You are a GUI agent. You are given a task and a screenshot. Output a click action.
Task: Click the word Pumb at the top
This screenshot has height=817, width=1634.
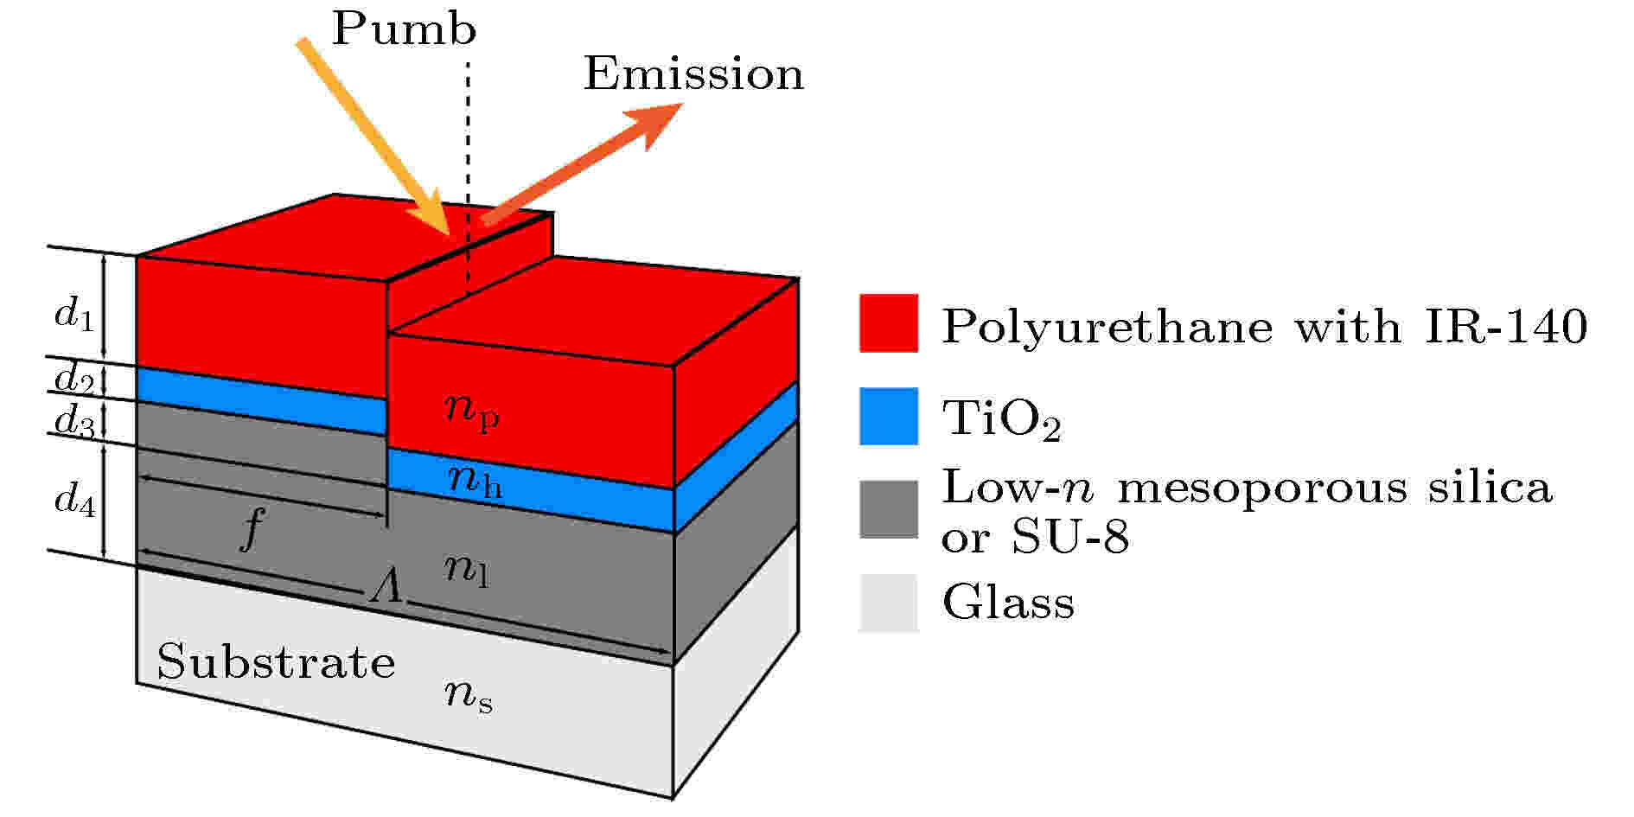(404, 29)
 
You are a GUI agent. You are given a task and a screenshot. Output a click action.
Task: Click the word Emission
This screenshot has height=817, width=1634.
(693, 73)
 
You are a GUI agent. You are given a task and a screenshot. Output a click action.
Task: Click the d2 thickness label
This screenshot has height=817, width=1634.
(73, 379)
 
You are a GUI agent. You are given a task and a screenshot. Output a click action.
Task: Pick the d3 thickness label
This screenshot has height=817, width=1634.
(73, 421)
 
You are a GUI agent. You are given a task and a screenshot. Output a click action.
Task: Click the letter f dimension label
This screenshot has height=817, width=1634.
(251, 529)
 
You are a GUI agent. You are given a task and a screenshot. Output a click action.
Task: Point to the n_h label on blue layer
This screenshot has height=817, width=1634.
(476, 481)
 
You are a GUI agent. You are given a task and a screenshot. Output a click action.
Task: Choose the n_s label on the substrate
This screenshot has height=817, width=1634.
(469, 695)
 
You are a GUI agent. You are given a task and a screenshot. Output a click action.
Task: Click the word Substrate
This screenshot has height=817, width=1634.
(276, 662)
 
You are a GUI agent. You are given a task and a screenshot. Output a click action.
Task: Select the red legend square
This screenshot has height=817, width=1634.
(889, 323)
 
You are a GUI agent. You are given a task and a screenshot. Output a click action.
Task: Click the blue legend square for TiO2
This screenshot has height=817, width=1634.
(889, 417)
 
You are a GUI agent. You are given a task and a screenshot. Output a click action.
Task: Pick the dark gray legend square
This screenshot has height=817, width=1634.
(889, 510)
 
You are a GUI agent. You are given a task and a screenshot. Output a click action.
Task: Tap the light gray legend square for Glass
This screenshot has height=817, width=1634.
(889, 603)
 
